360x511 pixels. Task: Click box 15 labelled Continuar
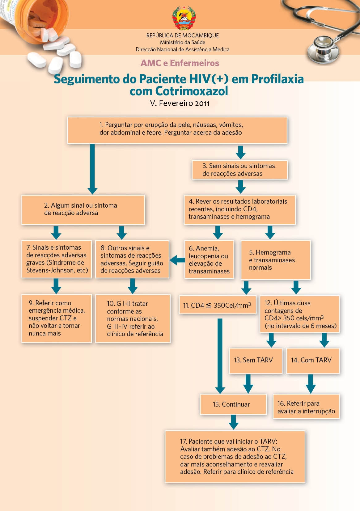233,404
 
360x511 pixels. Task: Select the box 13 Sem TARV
255,361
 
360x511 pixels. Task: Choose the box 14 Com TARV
313,361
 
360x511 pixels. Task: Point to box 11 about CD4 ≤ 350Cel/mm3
218,305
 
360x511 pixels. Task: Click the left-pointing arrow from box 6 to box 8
177,260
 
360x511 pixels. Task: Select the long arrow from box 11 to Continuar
220,355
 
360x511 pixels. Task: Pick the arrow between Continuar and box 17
234,422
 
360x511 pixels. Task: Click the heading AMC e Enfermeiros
180,63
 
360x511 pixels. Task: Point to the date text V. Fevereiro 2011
180,103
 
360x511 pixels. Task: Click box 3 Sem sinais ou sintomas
239,170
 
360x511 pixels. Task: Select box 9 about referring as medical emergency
57,318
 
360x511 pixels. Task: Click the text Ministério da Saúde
182,42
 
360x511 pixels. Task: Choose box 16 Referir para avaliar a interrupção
306,407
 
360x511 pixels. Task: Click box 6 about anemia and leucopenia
209,260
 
